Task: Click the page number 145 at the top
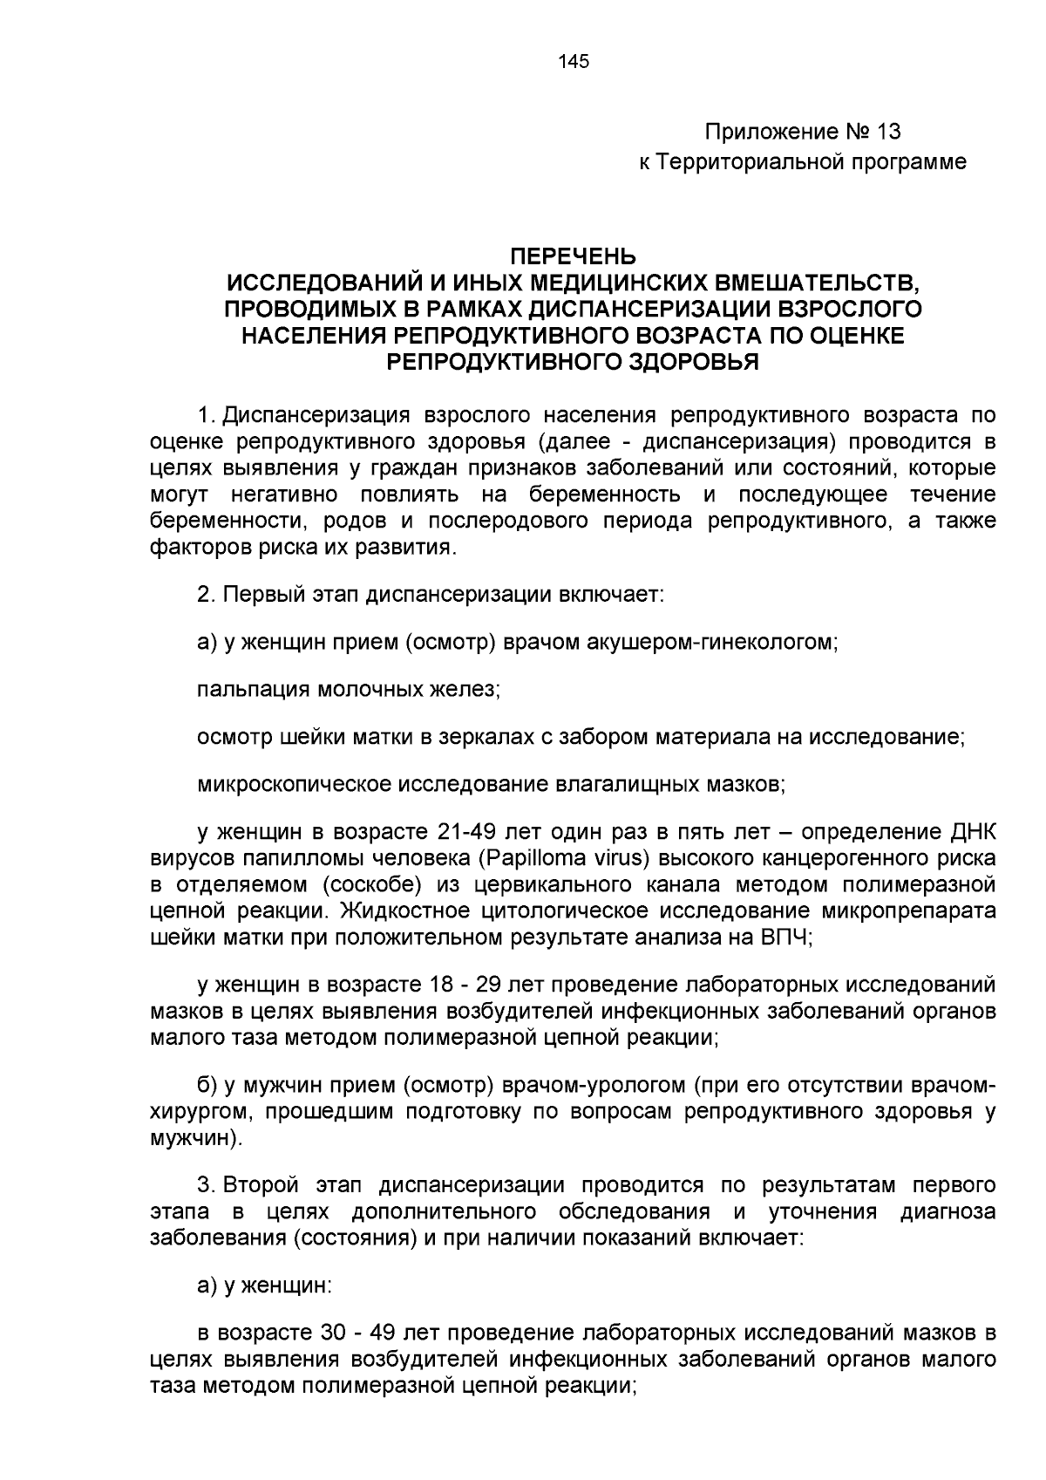pyautogui.click(x=573, y=61)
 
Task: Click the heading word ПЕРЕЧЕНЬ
pyautogui.click(x=573, y=257)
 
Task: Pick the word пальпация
pyautogui.click(x=251, y=690)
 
